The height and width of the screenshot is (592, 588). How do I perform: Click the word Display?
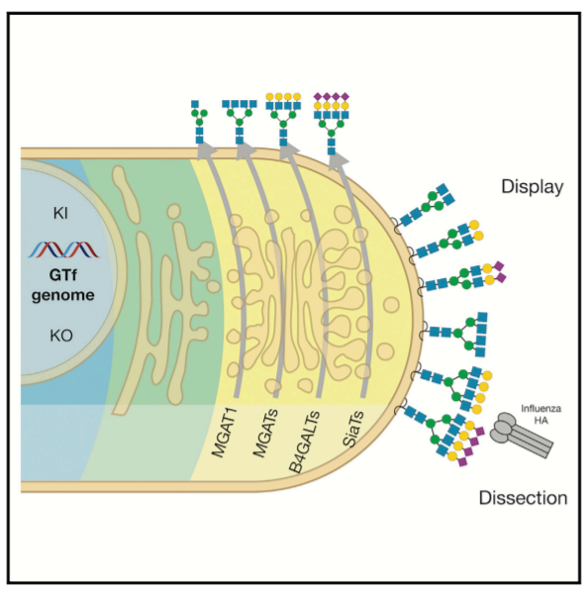tap(533, 187)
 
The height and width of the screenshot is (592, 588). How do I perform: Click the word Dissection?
tap(523, 498)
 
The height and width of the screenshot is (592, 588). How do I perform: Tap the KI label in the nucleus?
tap(60, 214)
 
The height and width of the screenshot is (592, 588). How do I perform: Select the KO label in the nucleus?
tap(61, 336)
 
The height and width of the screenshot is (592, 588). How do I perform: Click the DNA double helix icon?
tap(63, 249)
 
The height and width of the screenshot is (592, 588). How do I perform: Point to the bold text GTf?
tap(63, 275)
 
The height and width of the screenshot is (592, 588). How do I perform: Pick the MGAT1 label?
tap(224, 433)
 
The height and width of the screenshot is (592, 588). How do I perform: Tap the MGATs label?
tap(265, 433)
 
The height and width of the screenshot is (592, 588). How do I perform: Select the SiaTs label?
tap(353, 429)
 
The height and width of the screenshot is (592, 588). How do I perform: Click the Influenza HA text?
tap(540, 414)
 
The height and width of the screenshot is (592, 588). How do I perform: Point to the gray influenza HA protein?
tap(521, 435)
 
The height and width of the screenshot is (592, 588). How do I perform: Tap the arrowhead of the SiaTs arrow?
tap(338, 160)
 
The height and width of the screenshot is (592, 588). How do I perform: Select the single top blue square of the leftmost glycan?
tap(195, 104)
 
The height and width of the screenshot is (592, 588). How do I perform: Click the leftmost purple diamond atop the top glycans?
tap(318, 97)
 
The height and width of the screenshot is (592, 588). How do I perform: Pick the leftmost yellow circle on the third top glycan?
tap(269, 97)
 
